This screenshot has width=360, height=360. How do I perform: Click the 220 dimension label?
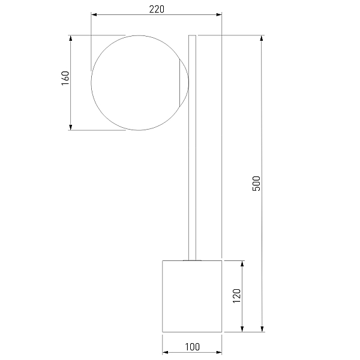[157, 9]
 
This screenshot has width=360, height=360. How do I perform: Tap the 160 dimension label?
[65, 78]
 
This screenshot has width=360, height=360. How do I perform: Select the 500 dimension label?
[256, 184]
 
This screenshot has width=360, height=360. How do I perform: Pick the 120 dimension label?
[236, 296]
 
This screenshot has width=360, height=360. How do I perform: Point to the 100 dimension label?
[193, 347]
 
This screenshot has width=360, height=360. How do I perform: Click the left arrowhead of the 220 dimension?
[94, 14]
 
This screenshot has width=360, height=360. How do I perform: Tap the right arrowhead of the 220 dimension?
[219, 14]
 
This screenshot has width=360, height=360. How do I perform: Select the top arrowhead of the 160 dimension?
[70, 38]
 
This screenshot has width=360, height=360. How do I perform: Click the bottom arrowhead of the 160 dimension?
[70, 127]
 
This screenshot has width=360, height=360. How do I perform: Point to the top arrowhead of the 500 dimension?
[262, 38]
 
